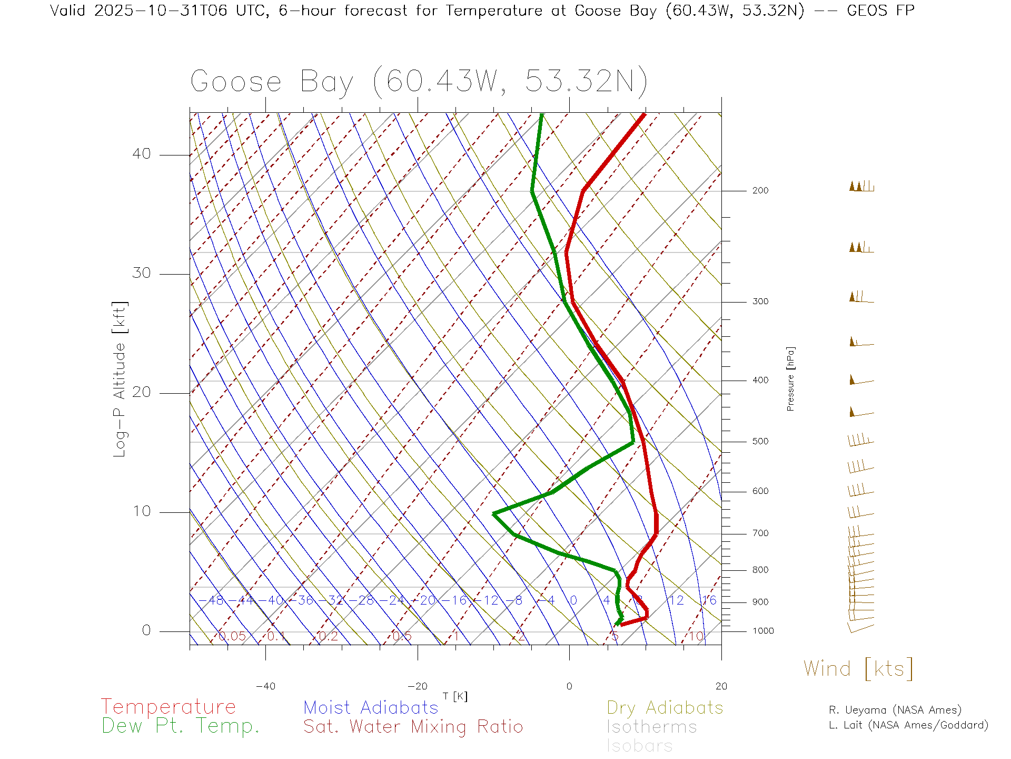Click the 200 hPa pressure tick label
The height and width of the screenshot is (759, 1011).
point(760,190)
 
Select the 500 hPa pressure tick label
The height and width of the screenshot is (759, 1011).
point(760,441)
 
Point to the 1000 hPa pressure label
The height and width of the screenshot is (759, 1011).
point(762,631)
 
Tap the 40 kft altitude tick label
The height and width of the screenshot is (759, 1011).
point(141,154)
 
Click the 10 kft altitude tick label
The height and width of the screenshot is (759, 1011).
point(141,511)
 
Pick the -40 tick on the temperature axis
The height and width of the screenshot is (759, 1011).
point(265,686)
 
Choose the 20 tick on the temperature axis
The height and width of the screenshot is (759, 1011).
point(721,686)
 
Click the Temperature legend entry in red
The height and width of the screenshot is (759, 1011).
point(168,706)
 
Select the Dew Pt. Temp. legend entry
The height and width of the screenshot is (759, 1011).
point(181,726)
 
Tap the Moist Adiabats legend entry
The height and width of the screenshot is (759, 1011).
point(371,707)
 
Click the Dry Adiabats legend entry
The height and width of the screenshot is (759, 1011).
point(665,707)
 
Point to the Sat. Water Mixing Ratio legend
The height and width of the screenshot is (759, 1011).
point(413,727)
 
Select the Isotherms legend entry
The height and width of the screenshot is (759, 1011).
point(651,727)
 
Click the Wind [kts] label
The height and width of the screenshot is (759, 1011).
point(858,669)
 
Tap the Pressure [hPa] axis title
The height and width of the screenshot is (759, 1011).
point(790,378)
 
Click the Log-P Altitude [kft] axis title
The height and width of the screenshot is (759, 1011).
point(120,379)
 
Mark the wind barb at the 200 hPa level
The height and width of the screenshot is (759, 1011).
point(861,186)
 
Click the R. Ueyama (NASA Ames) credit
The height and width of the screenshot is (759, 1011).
point(895,710)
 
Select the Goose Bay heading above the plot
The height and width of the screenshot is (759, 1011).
point(419,82)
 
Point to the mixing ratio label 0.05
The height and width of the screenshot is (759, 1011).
point(232,636)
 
